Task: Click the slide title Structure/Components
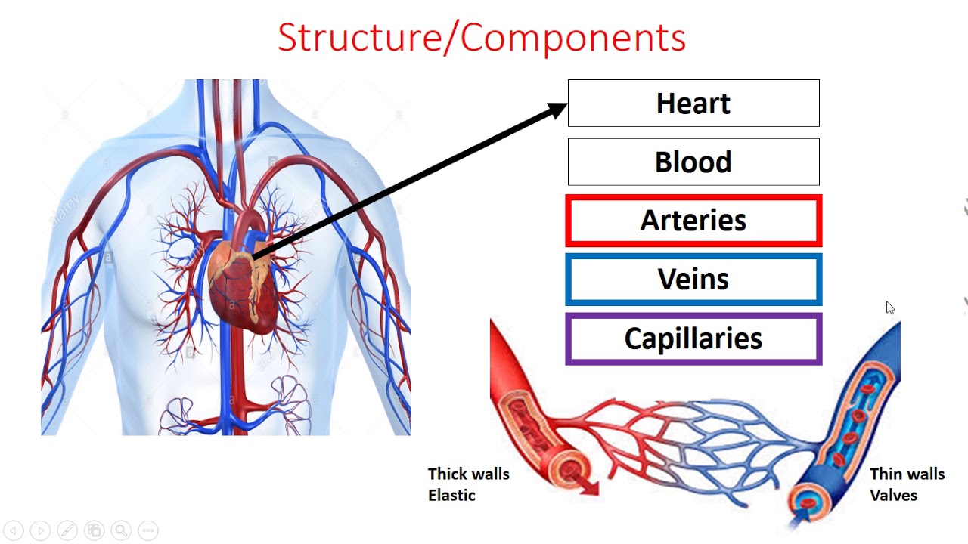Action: [x=482, y=38]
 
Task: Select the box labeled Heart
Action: [x=693, y=104]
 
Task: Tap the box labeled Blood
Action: [x=693, y=162]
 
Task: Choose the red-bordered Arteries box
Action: [x=693, y=221]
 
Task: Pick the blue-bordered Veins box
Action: [x=693, y=280]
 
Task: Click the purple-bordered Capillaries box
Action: [x=693, y=338]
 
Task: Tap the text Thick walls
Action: [x=468, y=474]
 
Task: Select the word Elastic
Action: [x=451, y=495]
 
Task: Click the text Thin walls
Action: [x=907, y=474]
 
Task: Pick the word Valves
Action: [x=893, y=495]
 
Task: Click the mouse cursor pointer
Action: [x=890, y=308]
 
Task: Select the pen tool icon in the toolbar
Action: [x=67, y=530]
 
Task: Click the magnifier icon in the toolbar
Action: [x=120, y=530]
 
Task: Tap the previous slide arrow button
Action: [x=14, y=530]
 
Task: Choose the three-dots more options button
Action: [x=147, y=530]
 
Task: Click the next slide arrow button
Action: [x=40, y=530]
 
